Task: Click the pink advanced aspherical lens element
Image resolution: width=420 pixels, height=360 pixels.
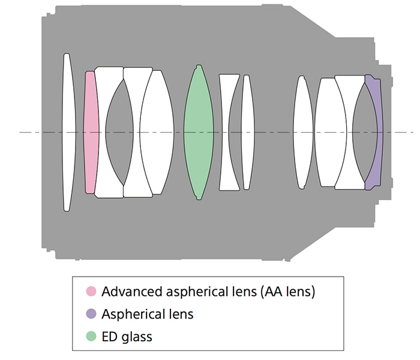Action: coord(91,132)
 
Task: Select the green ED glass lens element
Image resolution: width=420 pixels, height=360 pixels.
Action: coord(199,132)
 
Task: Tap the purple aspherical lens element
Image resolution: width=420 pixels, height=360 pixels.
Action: coord(375,132)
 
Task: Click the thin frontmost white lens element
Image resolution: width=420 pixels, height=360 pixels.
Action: coord(67,132)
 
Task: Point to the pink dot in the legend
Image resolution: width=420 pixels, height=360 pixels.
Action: coord(91,292)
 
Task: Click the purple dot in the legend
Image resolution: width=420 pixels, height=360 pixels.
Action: coord(91,314)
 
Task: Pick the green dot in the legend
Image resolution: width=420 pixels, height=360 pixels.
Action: coord(91,337)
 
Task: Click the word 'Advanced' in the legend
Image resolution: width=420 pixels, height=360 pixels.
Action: coord(128,292)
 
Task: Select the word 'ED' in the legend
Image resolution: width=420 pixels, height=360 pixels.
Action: coord(110,337)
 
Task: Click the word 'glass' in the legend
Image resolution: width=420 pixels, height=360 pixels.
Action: coord(137,337)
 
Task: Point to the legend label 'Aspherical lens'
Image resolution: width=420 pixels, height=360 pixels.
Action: coord(148,314)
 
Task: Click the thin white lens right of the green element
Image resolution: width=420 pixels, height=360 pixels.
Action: coord(246,132)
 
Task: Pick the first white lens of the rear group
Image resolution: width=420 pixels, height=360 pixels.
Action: coord(304,132)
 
